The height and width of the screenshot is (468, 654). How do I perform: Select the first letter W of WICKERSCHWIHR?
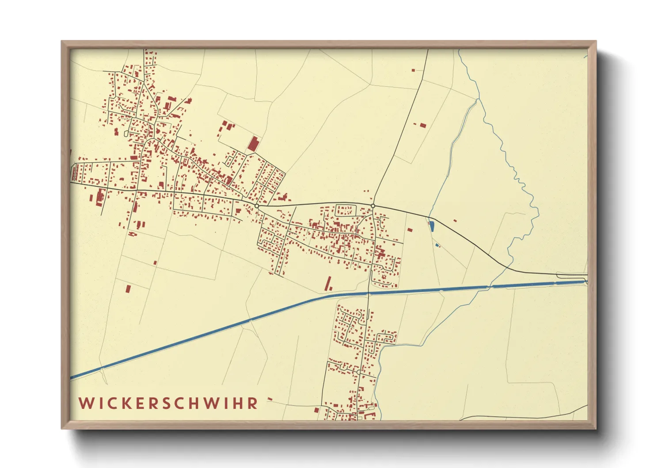(x=85, y=403)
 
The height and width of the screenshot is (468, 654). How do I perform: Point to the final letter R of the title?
(x=253, y=403)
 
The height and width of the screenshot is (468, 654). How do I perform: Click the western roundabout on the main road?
(x=257, y=206)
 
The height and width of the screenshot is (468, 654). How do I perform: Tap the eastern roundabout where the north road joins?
(x=373, y=206)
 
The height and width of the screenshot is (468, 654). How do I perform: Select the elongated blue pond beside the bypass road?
(x=431, y=226)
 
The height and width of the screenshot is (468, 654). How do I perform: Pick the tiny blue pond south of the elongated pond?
(x=437, y=245)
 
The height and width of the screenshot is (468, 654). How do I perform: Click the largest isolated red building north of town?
(x=253, y=144)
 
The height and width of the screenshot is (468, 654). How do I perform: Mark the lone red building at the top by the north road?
(x=413, y=70)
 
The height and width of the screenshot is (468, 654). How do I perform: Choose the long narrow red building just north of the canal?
(x=328, y=284)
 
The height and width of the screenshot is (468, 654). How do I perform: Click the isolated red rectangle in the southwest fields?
(x=128, y=289)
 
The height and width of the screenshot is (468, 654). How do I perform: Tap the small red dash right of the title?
(x=270, y=399)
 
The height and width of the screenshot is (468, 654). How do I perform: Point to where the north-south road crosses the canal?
(x=369, y=293)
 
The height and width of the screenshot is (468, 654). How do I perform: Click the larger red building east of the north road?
(x=423, y=125)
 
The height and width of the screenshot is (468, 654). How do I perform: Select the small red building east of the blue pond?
(x=455, y=220)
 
